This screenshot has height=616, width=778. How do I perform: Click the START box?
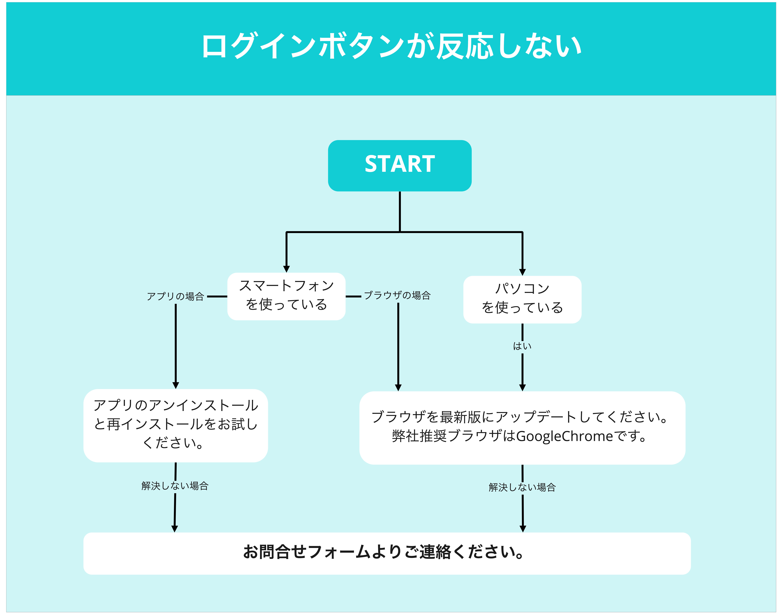[x=399, y=165]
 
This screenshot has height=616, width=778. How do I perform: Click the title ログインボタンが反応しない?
[x=391, y=46]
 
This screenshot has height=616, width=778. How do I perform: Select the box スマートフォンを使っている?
[x=286, y=296]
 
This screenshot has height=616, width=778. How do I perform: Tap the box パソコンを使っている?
[x=522, y=299]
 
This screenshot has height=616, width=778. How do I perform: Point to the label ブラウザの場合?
[x=397, y=295]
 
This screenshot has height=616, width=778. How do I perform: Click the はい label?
[x=522, y=346]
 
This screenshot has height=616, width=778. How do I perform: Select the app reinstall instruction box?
[x=176, y=426]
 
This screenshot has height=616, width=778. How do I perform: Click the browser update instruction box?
[x=522, y=428]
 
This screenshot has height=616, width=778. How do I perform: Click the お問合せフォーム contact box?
[x=387, y=553]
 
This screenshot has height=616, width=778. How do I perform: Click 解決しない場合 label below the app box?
[x=175, y=486]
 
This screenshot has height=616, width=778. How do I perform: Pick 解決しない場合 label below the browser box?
[x=522, y=487]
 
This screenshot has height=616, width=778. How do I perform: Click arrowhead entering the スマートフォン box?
[x=286, y=269]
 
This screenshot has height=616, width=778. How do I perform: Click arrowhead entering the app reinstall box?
[x=176, y=385]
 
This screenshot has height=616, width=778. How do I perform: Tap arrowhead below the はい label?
[x=522, y=387]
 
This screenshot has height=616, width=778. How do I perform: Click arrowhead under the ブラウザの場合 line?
[x=398, y=387]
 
